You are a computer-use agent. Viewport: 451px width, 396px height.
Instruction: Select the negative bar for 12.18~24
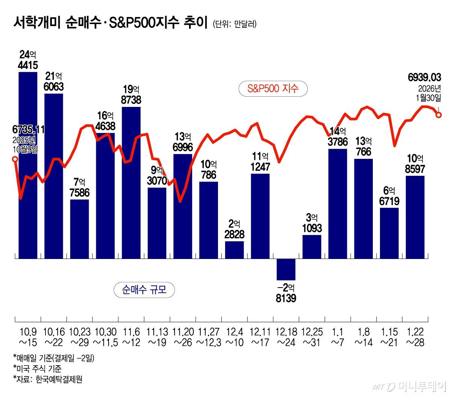point(286,269)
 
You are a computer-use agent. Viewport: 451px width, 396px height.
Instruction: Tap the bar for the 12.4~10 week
point(235,250)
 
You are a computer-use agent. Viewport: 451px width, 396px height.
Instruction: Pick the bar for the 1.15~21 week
point(389,233)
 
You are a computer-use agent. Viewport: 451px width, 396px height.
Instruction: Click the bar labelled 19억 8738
point(131,183)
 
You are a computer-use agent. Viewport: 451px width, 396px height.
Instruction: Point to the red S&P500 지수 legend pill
point(273,89)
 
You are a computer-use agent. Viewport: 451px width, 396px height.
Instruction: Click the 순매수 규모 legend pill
point(144,290)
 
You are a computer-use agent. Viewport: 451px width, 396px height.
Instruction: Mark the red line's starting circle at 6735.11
point(15,159)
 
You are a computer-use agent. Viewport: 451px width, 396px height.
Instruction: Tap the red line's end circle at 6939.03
point(438,115)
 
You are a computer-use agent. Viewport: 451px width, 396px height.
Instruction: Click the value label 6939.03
point(424,78)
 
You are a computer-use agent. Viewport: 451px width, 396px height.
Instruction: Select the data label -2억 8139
point(286,293)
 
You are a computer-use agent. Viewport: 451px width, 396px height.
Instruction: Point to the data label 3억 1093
point(312,223)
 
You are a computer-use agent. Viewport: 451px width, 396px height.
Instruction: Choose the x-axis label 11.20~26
point(183,337)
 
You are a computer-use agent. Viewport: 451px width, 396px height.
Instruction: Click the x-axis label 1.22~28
point(415,337)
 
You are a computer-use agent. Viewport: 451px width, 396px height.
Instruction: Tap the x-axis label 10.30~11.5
point(106,337)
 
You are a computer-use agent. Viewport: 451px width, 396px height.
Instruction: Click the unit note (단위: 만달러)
point(235,24)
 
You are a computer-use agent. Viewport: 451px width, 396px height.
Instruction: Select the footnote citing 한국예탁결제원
point(48,379)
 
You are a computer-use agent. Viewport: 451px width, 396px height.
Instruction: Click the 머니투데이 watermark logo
point(409,386)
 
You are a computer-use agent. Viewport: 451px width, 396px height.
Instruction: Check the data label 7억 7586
point(80,188)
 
